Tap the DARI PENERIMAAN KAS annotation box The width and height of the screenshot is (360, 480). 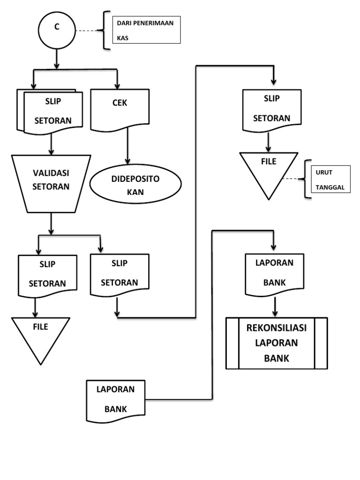coord(146,30)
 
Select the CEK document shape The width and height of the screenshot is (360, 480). coord(120,109)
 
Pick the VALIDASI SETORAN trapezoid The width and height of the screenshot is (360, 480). coord(51,182)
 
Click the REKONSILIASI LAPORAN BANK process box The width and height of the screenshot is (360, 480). coord(277,343)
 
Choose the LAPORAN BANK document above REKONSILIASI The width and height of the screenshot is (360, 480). coord(274,274)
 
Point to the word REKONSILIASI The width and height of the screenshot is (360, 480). coord(277,328)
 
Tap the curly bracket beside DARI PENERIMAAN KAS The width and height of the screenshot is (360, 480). coord(106,30)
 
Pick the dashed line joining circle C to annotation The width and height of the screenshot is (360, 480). coord(89,31)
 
